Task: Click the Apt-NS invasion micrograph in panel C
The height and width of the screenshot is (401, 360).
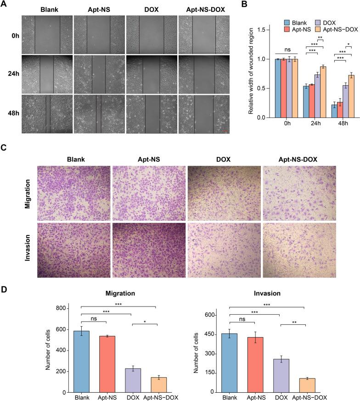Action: tap(149, 251)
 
